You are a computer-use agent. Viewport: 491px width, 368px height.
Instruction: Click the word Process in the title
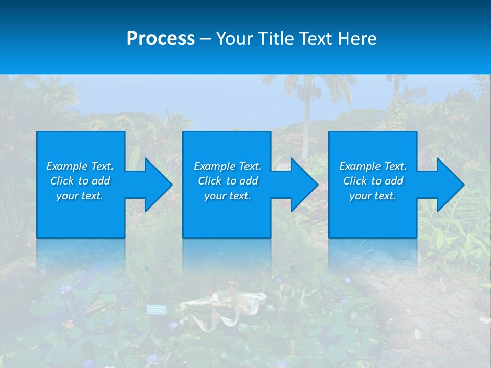point(161,38)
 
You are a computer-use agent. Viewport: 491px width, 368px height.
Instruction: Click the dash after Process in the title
point(206,39)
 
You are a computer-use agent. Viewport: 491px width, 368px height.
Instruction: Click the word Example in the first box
point(67,166)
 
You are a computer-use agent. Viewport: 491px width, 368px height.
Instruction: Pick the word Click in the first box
point(61,181)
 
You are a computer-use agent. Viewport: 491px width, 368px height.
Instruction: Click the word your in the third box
point(360,196)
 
